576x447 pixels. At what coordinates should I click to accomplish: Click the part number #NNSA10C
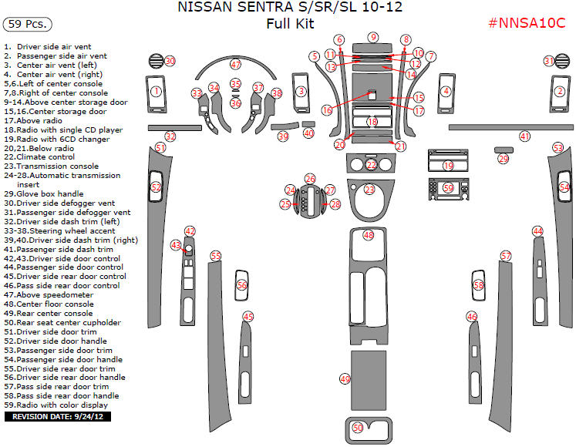click(527, 23)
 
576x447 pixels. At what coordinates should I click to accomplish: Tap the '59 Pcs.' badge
click(27, 24)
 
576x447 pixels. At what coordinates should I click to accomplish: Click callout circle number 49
click(345, 378)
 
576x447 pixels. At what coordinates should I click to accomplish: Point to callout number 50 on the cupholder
click(357, 427)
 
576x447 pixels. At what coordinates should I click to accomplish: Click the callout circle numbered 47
click(235, 65)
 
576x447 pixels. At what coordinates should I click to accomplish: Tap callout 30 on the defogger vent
click(170, 61)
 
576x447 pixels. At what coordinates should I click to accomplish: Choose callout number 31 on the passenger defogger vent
click(549, 61)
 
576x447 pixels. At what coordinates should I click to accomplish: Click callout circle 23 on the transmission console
click(369, 189)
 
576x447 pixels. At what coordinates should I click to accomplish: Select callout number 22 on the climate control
click(371, 165)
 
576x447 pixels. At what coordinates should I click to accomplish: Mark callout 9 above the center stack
click(373, 37)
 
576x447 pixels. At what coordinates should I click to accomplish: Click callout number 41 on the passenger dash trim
click(524, 136)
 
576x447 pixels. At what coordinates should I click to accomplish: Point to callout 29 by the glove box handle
click(504, 158)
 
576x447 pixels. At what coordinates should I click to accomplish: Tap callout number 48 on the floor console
click(369, 235)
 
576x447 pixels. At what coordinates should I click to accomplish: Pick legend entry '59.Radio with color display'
click(56, 405)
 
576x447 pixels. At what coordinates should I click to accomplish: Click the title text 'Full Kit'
click(290, 24)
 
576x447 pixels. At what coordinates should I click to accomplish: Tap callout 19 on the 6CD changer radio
click(448, 166)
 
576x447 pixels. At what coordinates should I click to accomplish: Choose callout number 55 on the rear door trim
click(216, 255)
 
